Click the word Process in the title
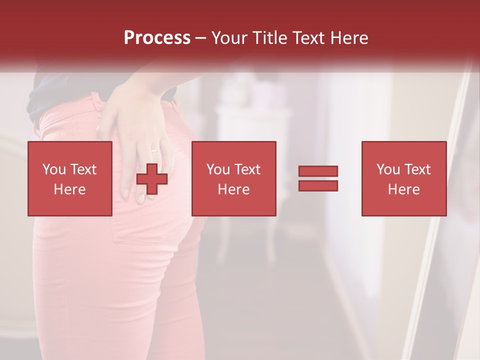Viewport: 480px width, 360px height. [x=157, y=38]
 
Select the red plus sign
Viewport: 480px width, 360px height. [x=152, y=179]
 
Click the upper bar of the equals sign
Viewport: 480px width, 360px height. [x=318, y=171]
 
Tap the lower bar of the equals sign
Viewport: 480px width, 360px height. [x=318, y=185]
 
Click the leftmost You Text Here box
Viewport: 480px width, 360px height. [x=70, y=178]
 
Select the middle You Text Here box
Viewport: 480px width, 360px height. [x=234, y=178]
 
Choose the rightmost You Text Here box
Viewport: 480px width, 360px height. [x=404, y=178]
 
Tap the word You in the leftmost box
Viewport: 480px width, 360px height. [x=54, y=169]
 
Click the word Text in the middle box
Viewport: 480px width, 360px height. [x=247, y=169]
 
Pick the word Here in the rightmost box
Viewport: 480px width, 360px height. [x=404, y=189]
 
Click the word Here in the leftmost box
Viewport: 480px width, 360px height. [x=70, y=189]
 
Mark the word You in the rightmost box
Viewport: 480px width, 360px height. [x=388, y=169]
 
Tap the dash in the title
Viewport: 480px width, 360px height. [x=201, y=38]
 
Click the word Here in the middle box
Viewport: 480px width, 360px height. [x=234, y=189]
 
